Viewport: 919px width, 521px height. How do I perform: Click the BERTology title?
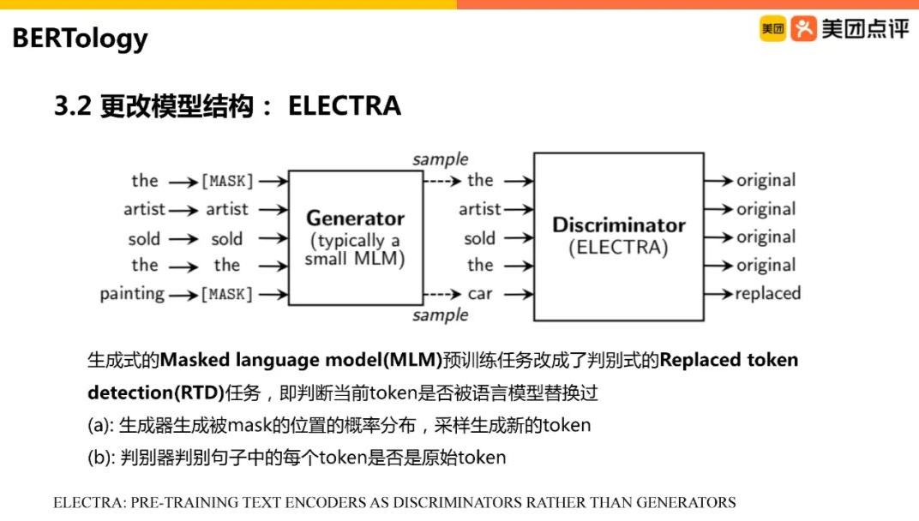click(x=80, y=39)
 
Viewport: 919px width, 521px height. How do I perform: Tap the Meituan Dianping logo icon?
click(x=802, y=29)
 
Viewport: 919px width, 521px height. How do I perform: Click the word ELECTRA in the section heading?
click(x=344, y=105)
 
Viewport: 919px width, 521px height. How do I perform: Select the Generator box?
click(x=355, y=237)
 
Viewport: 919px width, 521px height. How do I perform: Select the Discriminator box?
click(x=618, y=237)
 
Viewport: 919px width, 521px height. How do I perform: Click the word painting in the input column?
click(x=132, y=294)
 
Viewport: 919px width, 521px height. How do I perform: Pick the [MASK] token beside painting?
click(x=227, y=295)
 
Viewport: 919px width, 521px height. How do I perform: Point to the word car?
click(x=480, y=294)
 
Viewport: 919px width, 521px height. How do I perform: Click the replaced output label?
click(x=767, y=294)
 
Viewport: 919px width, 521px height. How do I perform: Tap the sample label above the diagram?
click(x=440, y=159)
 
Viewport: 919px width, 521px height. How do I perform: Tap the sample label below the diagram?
click(x=440, y=315)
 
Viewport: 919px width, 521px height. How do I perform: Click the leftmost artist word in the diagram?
click(x=143, y=209)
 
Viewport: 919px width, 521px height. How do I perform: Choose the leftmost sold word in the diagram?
click(x=144, y=238)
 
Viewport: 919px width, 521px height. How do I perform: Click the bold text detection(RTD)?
click(x=154, y=393)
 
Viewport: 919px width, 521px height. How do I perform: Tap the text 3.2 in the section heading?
click(x=73, y=105)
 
